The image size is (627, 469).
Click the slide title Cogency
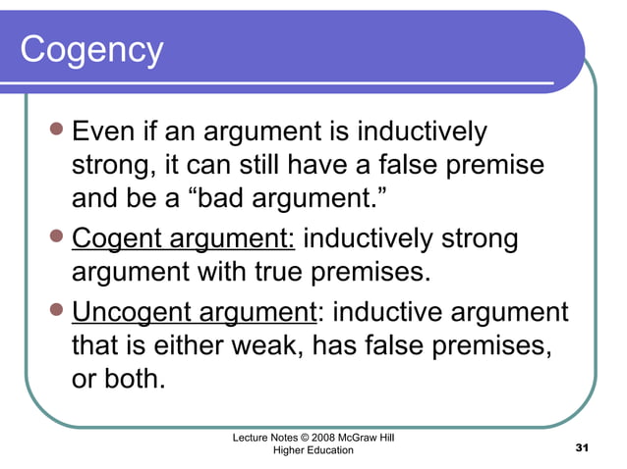(x=91, y=49)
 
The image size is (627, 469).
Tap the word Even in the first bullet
(x=102, y=130)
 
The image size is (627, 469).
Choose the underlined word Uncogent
(x=139, y=313)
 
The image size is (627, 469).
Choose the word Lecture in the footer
(x=252, y=437)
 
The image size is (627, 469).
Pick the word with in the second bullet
(x=306, y=274)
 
